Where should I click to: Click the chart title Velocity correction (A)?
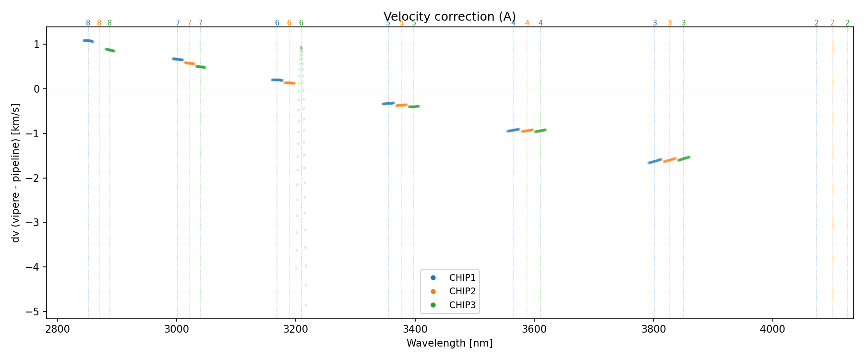(x=450, y=17)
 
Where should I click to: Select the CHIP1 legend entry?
(x=462, y=277)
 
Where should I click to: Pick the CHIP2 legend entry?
(x=462, y=291)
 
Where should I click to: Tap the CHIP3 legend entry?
(x=462, y=305)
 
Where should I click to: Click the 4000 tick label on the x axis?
(x=773, y=329)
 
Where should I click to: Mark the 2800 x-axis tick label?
(x=58, y=329)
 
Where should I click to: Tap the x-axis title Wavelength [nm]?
(x=450, y=343)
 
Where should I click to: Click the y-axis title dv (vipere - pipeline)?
(x=16, y=173)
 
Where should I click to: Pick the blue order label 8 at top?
(x=88, y=23)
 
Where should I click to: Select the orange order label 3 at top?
(x=670, y=23)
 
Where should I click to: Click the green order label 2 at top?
(x=847, y=23)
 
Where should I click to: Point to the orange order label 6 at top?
(x=289, y=23)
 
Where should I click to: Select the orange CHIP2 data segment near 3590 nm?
(x=528, y=131)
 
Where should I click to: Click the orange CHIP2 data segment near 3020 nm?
(x=190, y=63)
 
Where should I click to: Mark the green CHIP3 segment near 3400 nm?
(x=414, y=106)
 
